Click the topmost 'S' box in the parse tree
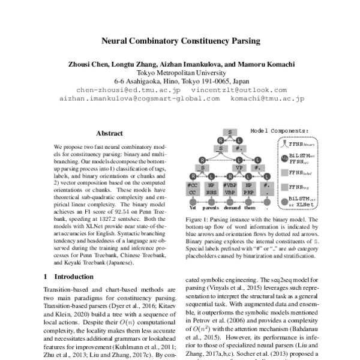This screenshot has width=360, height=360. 229,131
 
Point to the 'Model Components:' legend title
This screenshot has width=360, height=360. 278,130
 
